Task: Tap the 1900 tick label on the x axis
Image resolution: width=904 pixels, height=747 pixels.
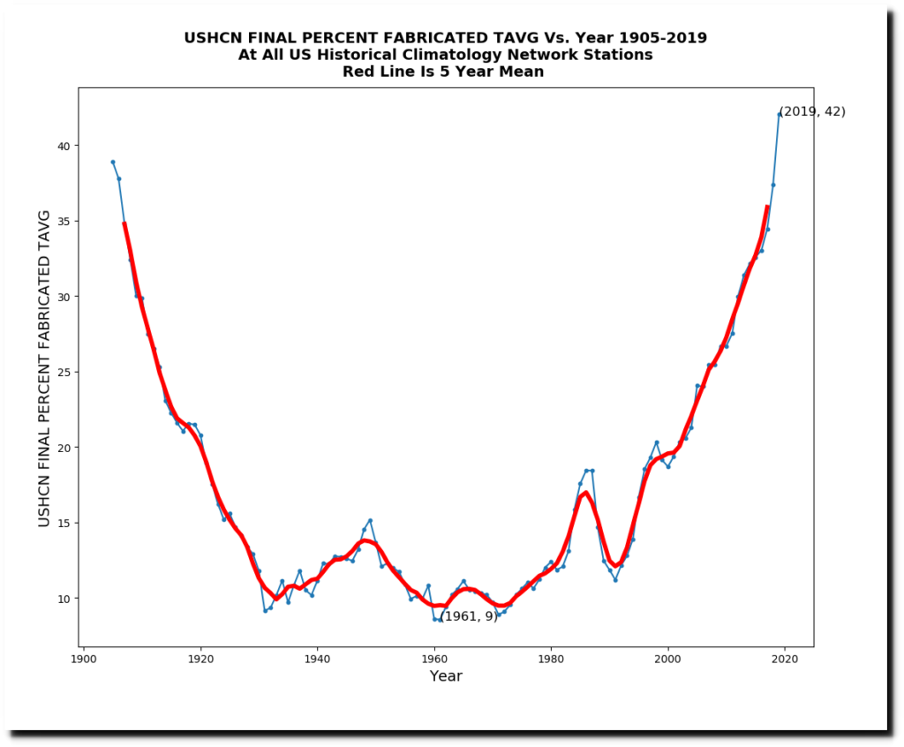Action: pos(83,659)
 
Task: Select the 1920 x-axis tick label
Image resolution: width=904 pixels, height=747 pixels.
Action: pos(200,659)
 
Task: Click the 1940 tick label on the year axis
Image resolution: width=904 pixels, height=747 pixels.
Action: pos(317,659)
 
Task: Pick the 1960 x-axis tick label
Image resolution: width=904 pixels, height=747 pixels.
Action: pos(434,659)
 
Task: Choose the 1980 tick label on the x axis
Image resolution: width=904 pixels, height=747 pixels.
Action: pos(551,659)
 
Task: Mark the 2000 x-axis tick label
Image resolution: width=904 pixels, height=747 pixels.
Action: pos(668,659)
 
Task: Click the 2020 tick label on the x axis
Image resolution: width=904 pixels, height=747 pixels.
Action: pos(785,659)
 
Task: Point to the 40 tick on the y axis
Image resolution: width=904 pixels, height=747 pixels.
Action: pos(62,146)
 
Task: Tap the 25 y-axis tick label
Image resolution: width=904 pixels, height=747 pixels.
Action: pos(62,372)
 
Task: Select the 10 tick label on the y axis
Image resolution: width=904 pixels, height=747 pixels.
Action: pos(62,599)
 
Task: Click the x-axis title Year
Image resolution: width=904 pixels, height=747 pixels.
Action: pos(446,677)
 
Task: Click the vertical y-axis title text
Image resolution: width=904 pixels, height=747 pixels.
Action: pos(44,368)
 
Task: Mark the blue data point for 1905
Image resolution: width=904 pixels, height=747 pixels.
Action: pos(113,162)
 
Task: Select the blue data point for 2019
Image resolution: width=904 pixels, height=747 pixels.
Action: pos(780,114)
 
